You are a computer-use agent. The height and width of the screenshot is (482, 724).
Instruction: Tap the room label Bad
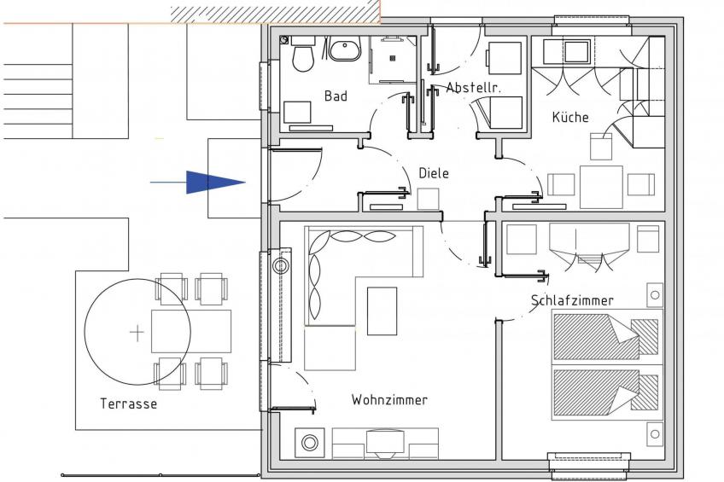(336, 96)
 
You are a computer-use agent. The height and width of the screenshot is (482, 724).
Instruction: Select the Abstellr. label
(472, 87)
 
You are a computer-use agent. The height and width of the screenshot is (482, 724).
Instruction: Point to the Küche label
(569, 117)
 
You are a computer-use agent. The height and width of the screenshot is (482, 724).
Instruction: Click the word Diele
(434, 173)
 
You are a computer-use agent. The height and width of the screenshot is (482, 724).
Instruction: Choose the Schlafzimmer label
(572, 300)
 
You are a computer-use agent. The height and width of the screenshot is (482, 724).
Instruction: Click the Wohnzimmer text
(389, 399)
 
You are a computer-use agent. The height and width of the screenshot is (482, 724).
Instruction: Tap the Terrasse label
(128, 404)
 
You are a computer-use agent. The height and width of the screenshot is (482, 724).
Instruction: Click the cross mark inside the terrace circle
(137, 332)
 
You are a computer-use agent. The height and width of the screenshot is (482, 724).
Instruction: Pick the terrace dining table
(191, 331)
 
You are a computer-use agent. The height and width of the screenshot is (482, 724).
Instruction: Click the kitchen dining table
(601, 186)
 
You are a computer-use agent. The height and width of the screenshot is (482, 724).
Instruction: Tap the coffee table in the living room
(382, 311)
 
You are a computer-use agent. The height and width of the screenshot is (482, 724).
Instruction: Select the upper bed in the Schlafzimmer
(606, 335)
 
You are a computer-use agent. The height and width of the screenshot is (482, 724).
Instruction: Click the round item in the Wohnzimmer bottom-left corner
(307, 444)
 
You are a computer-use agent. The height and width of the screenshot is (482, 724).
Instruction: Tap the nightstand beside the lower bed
(654, 435)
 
